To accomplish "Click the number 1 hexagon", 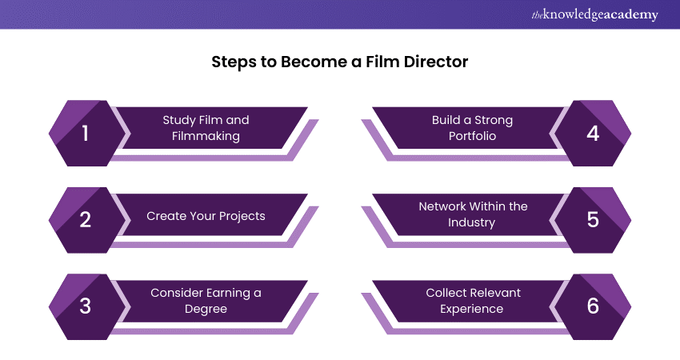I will (86, 134).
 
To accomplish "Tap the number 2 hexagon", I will (86, 219).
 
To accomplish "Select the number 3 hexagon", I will (86, 306).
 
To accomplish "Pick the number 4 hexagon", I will (593, 134).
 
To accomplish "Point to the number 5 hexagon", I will (593, 219).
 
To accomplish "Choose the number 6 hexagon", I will (593, 306).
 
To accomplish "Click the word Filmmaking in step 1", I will (206, 136).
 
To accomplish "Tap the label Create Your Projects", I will (206, 216).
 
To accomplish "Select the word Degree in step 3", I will (206, 309).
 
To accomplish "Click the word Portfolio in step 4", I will (471, 136).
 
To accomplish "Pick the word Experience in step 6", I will (471, 309).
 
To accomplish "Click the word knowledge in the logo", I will (570, 14).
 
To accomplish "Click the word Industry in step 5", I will (471, 222).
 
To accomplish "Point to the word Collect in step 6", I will (445, 293).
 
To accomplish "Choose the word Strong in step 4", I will (494, 120).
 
